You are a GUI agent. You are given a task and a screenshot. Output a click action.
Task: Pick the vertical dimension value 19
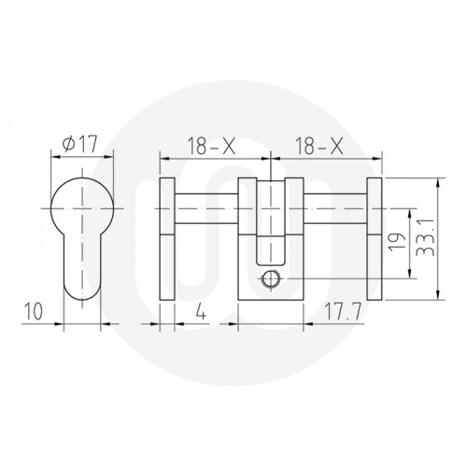(x=398, y=244)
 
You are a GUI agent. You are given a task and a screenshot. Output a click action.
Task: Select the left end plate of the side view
(x=166, y=238)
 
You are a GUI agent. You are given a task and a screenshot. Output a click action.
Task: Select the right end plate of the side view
(x=375, y=238)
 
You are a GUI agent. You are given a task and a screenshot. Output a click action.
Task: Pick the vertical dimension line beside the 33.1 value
(x=437, y=238)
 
